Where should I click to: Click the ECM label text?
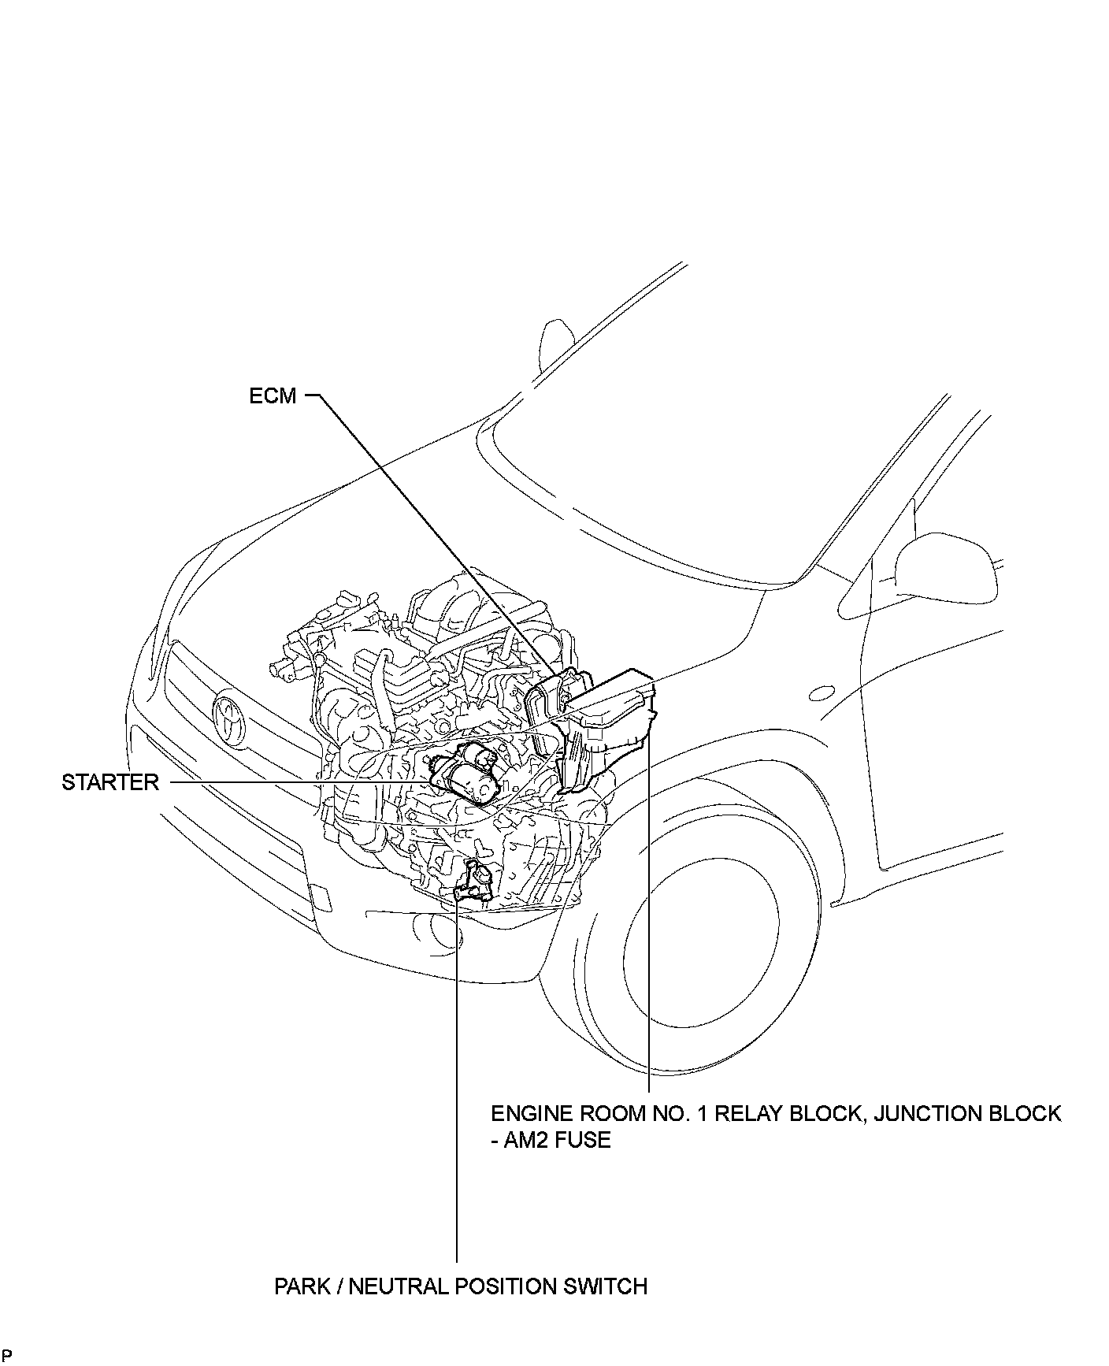tap(273, 395)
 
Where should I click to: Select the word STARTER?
tap(110, 782)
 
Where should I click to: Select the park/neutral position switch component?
tap(475, 882)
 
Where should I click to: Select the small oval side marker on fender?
tap(822, 693)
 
